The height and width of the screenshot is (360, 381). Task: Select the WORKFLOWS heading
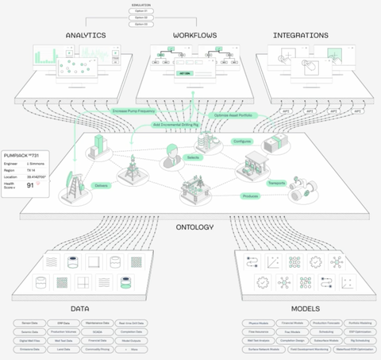click(194, 36)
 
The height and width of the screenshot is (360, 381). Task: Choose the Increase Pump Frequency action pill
click(139, 111)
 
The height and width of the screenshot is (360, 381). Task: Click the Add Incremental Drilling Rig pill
click(175, 126)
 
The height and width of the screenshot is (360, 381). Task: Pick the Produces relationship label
click(250, 195)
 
